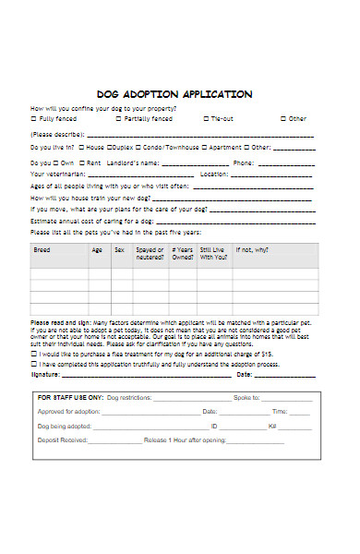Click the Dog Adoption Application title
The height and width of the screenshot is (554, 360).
coord(174,94)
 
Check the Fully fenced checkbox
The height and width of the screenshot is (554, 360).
coord(34,119)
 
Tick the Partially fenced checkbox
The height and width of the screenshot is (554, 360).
coord(118,119)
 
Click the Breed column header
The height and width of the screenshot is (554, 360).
coord(42,249)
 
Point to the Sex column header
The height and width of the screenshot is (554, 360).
coord(118,249)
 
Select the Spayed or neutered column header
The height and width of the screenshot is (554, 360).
coord(150,253)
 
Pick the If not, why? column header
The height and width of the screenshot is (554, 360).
coord(251,249)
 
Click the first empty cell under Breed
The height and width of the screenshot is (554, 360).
coord(58,274)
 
